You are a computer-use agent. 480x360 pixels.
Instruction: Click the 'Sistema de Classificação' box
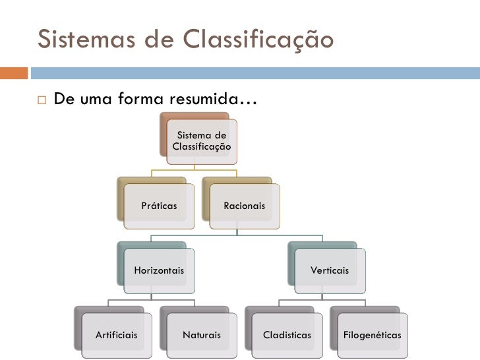click(x=201, y=141)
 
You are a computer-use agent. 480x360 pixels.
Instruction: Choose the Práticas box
click(x=159, y=206)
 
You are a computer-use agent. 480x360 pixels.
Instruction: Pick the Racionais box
click(x=244, y=206)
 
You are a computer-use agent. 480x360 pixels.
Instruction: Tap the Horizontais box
click(x=159, y=270)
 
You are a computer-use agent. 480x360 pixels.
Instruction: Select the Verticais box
click(x=330, y=270)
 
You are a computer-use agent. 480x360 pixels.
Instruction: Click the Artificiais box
click(x=116, y=335)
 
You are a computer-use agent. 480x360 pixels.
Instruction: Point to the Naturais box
click(x=201, y=335)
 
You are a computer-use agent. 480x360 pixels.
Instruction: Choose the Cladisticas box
click(x=287, y=335)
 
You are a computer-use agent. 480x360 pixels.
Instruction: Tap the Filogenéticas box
click(x=372, y=335)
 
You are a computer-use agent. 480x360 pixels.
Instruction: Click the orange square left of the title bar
click(x=13, y=73)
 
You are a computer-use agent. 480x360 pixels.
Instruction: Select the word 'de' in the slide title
click(x=156, y=40)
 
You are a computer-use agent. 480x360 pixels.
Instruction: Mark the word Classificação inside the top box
click(x=201, y=146)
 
